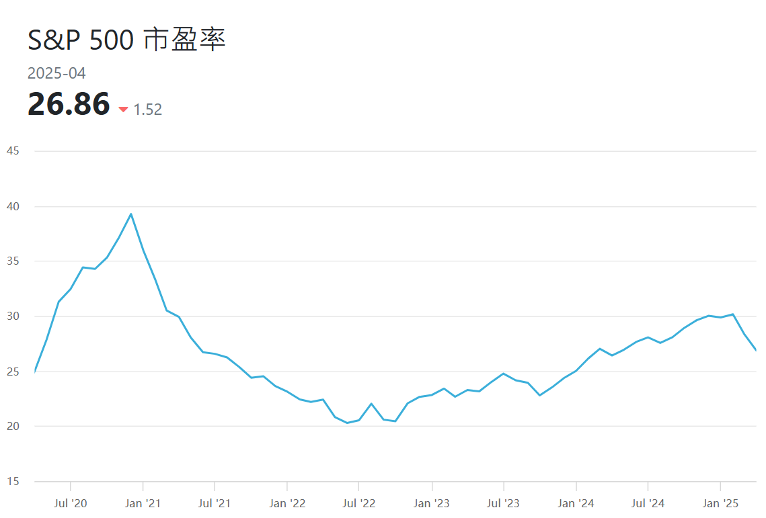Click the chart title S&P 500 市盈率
(126, 40)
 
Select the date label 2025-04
(56, 74)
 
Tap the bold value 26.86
(69, 105)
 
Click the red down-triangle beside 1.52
(123, 110)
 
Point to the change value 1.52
(148, 110)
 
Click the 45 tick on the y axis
(12, 151)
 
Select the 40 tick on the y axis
(12, 206)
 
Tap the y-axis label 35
(12, 261)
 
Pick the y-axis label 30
(12, 316)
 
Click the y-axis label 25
(12, 372)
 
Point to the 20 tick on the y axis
(12, 427)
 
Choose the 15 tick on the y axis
(12, 482)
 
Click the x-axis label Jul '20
(70, 503)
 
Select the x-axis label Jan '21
(143, 503)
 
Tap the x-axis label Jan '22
(287, 503)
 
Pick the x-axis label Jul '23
(503, 503)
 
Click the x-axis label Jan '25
(720, 503)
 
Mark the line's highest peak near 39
(130, 214)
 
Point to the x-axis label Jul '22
(358, 503)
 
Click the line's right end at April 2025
(756, 350)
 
